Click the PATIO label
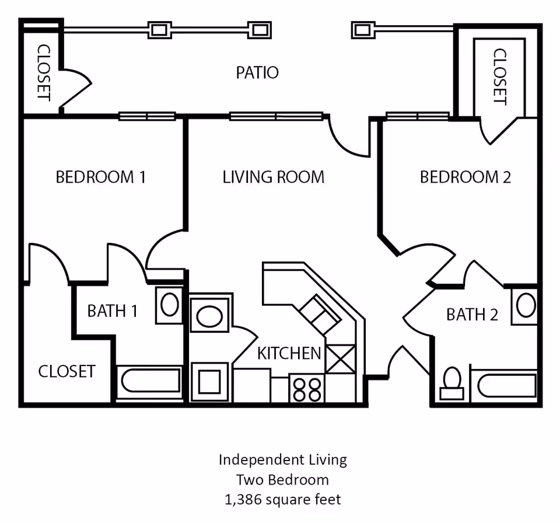(257, 73)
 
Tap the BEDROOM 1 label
(100, 177)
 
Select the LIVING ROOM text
(273, 177)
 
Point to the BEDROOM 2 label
(465, 177)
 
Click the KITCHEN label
(289, 353)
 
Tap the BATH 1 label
(112, 311)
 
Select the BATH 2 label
(472, 315)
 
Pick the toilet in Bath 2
(452, 383)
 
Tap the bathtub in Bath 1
(150, 382)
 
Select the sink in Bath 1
(169, 305)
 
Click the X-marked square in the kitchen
(340, 359)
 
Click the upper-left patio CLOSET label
(43, 72)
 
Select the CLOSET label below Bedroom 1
(66, 371)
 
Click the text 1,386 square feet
(283, 500)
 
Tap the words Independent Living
(283, 460)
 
